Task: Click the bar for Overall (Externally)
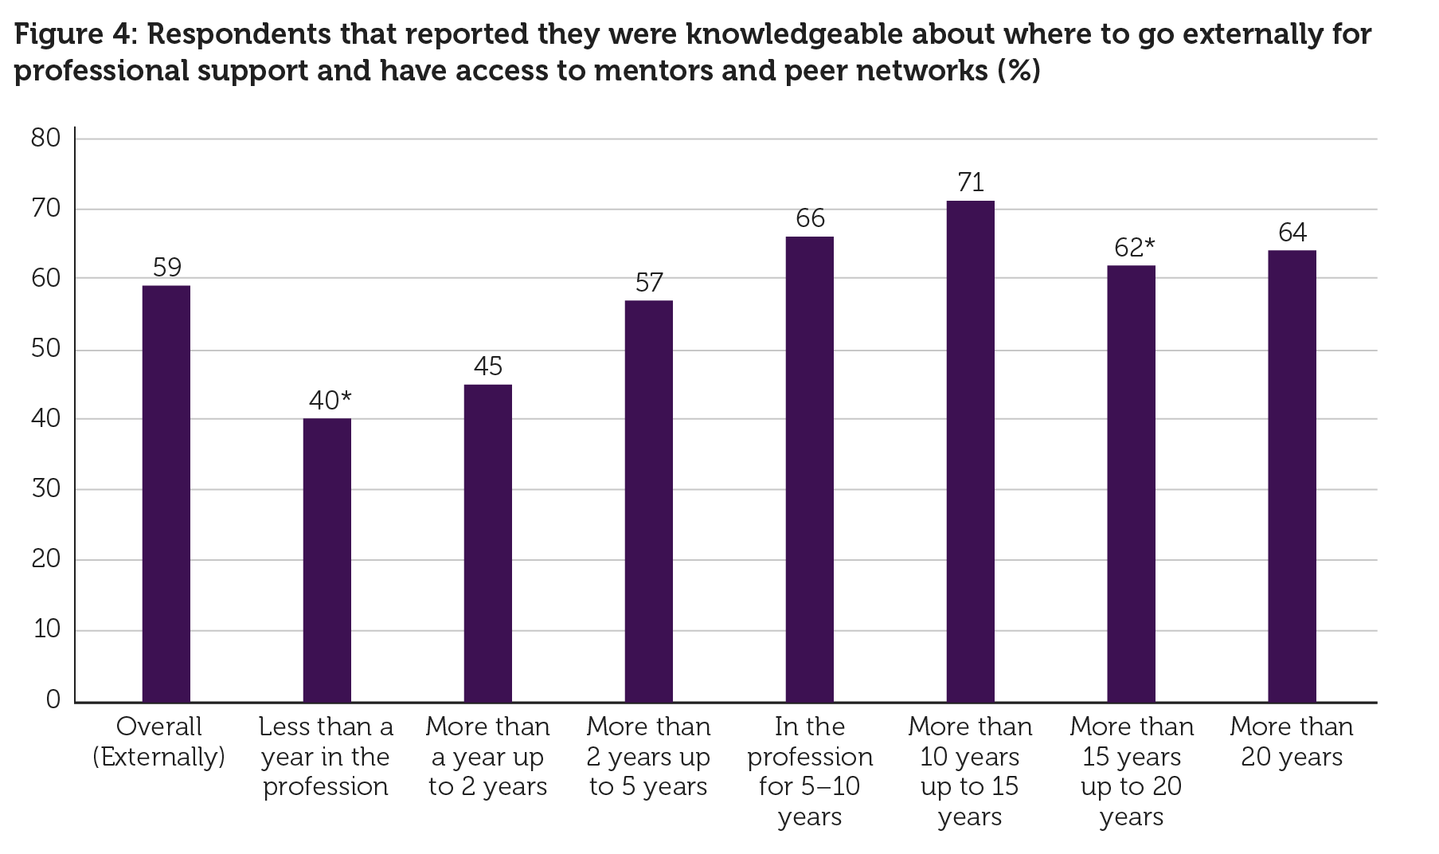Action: click(166, 493)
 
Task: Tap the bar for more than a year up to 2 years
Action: click(487, 543)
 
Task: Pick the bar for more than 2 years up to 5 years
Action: click(648, 501)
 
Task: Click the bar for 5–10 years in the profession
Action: click(809, 469)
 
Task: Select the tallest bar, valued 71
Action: click(970, 451)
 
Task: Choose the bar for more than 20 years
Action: click(1292, 476)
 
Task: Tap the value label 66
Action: click(810, 218)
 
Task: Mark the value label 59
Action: click(166, 267)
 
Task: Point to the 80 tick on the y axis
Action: click(46, 139)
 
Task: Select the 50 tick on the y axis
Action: click(46, 349)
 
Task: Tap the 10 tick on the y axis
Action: click(46, 629)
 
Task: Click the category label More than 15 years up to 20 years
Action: click(1131, 770)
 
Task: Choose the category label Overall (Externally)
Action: click(158, 741)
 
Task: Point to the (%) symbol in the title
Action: click(1019, 71)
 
